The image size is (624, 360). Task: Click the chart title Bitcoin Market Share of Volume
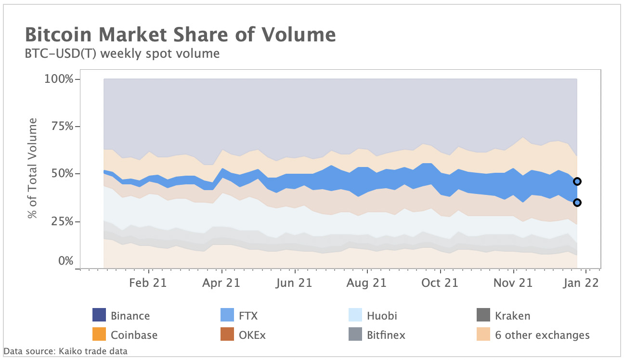pos(180,35)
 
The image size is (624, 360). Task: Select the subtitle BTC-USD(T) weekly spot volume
pos(122,53)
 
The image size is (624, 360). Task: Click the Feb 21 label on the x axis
pos(148,283)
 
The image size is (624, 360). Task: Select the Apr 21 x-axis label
pos(221,283)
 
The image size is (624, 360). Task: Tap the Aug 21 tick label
pos(366,283)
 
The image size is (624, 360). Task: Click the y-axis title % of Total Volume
pos(33,168)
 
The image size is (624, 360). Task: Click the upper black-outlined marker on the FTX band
pos(577,181)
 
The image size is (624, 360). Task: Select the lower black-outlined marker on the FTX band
pos(577,203)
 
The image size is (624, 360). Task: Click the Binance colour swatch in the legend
pos(99,315)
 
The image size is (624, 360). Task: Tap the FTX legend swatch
pos(227,315)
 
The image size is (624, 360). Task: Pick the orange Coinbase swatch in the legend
pos(99,334)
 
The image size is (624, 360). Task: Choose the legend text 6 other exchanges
pos(542,334)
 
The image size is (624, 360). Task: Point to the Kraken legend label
pos(512,316)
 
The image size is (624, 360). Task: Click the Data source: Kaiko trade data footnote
pos(65,351)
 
